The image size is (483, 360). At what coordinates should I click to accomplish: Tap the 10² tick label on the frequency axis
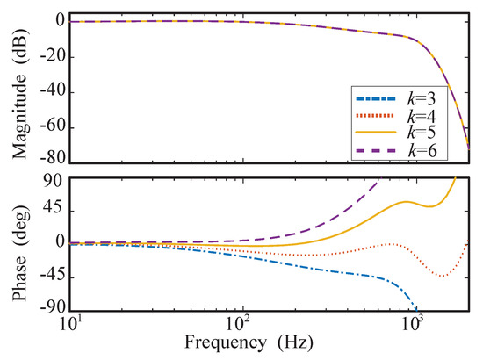[x=240, y=322]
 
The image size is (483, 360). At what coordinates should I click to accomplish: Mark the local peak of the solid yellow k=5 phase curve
[x=407, y=201]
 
